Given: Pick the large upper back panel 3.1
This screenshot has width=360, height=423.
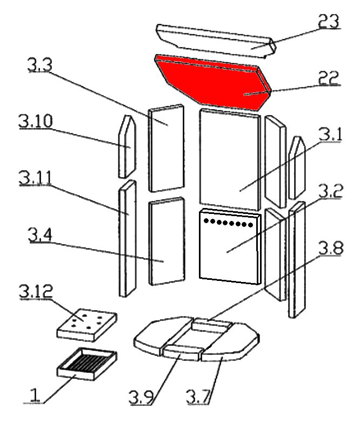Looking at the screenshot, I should pyautogui.click(x=230, y=159).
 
